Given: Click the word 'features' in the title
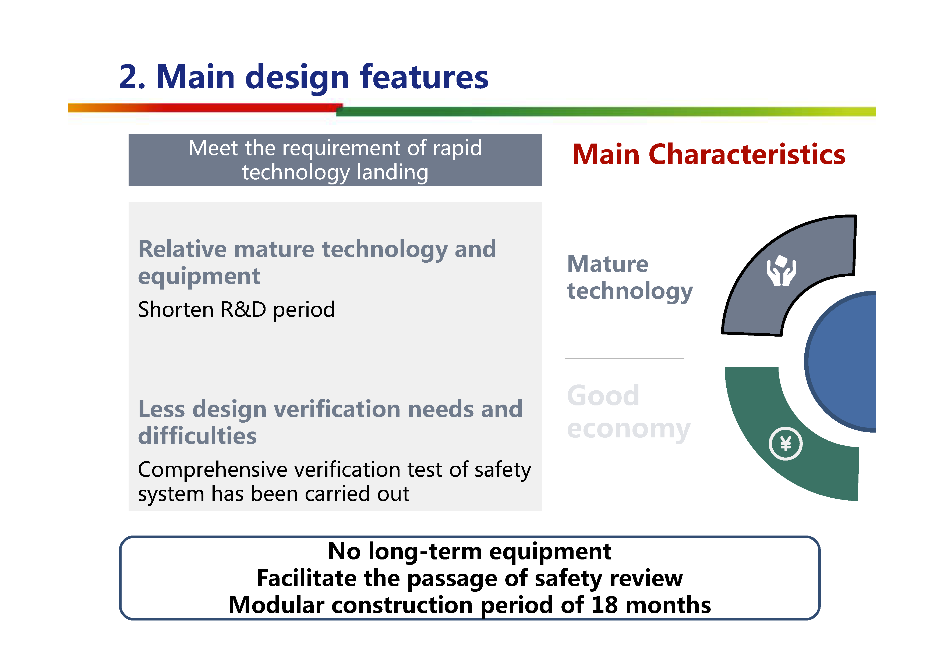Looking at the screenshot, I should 424,77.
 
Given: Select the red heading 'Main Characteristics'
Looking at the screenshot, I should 708,155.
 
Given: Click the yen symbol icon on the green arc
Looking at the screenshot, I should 785,444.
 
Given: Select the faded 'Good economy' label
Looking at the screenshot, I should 628,412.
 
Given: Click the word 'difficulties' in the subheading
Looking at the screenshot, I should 197,436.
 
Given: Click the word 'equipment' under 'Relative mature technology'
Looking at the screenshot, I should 199,276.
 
